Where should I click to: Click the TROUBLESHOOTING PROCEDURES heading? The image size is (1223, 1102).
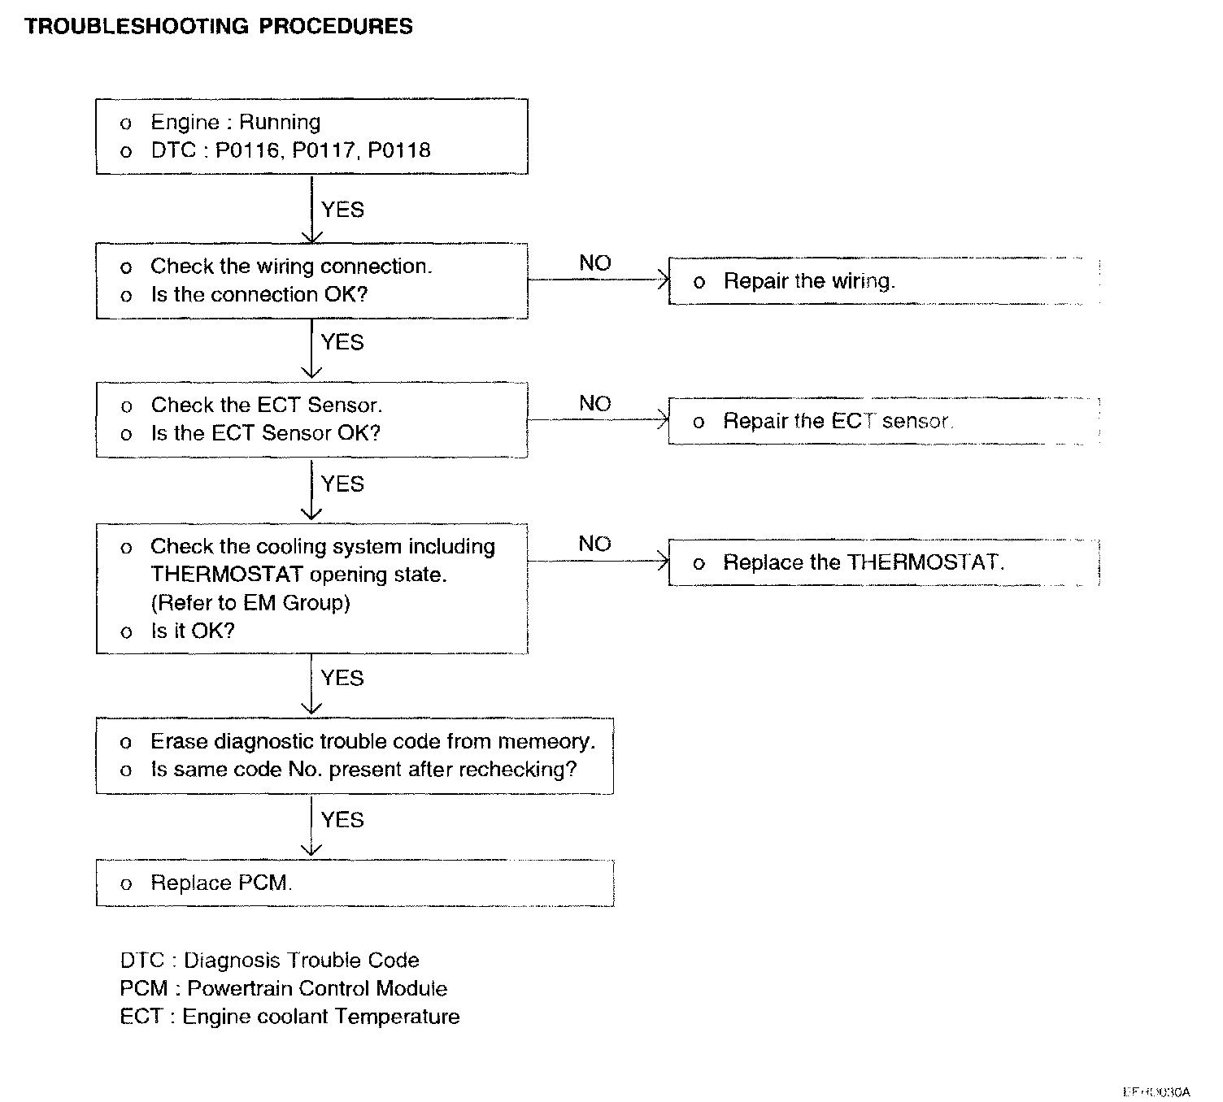tap(218, 27)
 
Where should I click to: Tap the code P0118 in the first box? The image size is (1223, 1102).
tap(399, 150)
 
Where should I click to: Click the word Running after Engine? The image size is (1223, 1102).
tap(280, 123)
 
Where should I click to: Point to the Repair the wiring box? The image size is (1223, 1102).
tap(883, 281)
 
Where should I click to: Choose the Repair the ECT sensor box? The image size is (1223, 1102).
tap(883, 421)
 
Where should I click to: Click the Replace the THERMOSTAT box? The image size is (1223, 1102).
tap(883, 562)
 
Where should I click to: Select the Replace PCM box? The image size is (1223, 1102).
tap(355, 883)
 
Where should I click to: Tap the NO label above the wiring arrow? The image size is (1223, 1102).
tap(594, 263)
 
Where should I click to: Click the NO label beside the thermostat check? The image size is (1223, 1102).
tap(594, 544)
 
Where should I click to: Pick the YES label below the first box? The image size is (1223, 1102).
tap(342, 210)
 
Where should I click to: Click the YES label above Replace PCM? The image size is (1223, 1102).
tap(342, 820)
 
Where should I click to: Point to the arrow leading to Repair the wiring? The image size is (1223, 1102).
tap(598, 280)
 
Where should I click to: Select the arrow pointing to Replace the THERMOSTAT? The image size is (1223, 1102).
tap(598, 561)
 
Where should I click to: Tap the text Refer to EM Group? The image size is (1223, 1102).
tap(250, 603)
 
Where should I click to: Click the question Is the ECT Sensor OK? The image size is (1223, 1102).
tap(265, 433)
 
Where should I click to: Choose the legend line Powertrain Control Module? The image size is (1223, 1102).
tap(283, 989)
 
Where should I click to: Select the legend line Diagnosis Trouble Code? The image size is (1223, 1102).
tap(269, 961)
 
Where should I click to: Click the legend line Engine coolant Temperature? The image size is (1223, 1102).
tap(289, 1017)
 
